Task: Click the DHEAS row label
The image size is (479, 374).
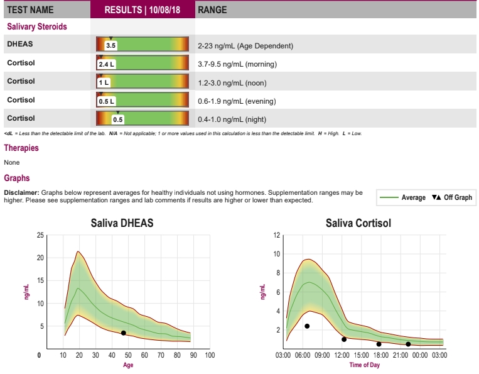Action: coord(19,45)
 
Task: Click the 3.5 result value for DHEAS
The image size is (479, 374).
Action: coord(110,46)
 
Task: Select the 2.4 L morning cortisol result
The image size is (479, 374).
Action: coord(107,64)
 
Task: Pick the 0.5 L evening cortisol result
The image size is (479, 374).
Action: coord(106,101)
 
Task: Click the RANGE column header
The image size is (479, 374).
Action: coord(212,10)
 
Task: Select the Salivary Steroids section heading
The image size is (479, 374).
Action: coord(36,27)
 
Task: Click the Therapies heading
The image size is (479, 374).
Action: coord(21,148)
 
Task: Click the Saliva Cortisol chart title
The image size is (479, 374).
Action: coord(358,223)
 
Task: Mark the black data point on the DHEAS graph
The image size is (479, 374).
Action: coord(123,333)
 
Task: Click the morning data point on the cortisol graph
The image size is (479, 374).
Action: coord(307,326)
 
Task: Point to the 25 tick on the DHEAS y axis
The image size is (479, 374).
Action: coord(41,235)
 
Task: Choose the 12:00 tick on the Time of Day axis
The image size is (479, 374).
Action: coord(342,356)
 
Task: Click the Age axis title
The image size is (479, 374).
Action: coord(128,365)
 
